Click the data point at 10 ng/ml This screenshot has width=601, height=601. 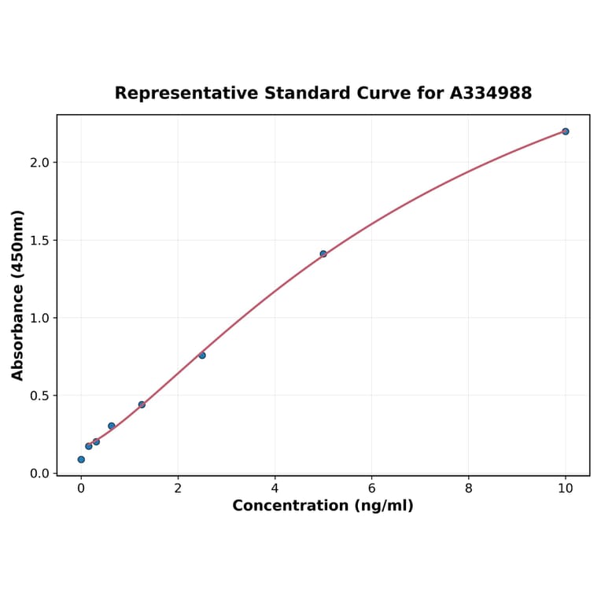click(565, 131)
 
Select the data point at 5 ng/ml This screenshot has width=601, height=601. click(323, 254)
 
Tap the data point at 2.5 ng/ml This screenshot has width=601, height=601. click(202, 356)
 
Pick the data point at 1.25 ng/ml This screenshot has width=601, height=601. click(142, 404)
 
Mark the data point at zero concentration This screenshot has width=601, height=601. click(81, 459)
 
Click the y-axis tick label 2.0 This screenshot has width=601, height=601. click(39, 162)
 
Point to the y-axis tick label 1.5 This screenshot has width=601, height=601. click(39, 240)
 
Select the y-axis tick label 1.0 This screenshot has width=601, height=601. click(39, 318)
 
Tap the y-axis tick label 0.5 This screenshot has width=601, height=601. click(39, 396)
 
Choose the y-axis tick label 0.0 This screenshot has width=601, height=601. click(39, 474)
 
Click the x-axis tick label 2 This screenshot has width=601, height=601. click(178, 489)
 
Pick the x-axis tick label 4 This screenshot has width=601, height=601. click(275, 489)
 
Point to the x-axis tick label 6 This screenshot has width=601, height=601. click(371, 489)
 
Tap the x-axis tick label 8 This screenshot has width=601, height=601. click(469, 489)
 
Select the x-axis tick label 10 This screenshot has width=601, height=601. click(565, 489)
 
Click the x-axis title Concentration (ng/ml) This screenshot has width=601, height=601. click(323, 506)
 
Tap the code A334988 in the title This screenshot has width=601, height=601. click(491, 94)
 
